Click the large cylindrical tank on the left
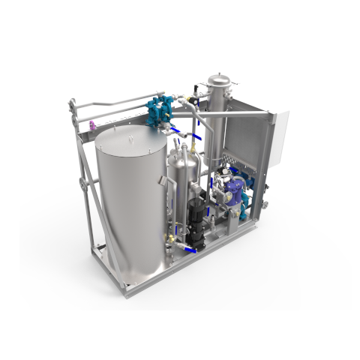coord(132,210)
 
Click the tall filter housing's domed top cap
coord(217,80)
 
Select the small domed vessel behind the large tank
coord(182,169)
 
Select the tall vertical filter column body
coord(217,124)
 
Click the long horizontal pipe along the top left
coord(112,100)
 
